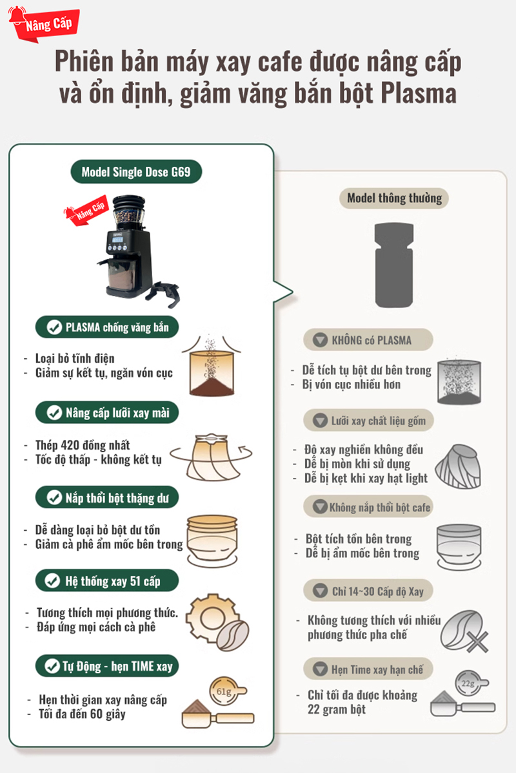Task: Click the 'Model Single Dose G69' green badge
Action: tap(136, 171)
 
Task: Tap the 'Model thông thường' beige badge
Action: tap(394, 198)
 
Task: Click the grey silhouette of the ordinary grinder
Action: tap(394, 265)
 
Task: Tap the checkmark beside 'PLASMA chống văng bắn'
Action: tap(54, 327)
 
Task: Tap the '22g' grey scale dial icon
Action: tap(470, 683)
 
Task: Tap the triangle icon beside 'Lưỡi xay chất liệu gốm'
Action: tap(320, 420)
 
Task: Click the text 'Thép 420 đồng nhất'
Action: tap(83, 445)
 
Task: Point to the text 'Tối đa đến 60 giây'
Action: tap(82, 714)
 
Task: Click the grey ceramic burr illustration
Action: tap(457, 466)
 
